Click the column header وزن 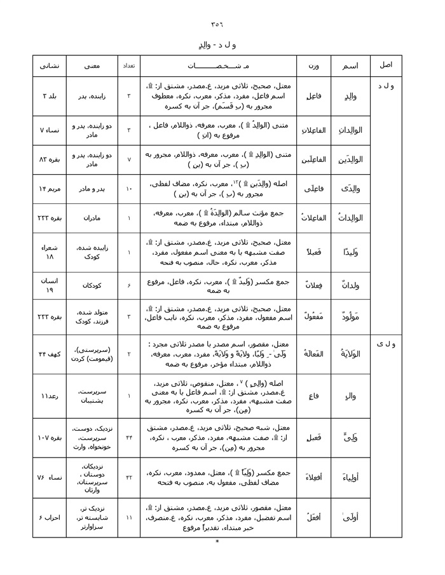point(313,65)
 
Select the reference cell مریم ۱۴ point(50,189)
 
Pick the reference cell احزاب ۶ point(50,518)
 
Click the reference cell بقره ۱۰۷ point(50,438)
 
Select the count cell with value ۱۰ point(128,189)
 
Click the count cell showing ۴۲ point(128,477)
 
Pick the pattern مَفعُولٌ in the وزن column point(313,316)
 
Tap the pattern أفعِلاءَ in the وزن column point(313,477)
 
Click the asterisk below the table point(217,542)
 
